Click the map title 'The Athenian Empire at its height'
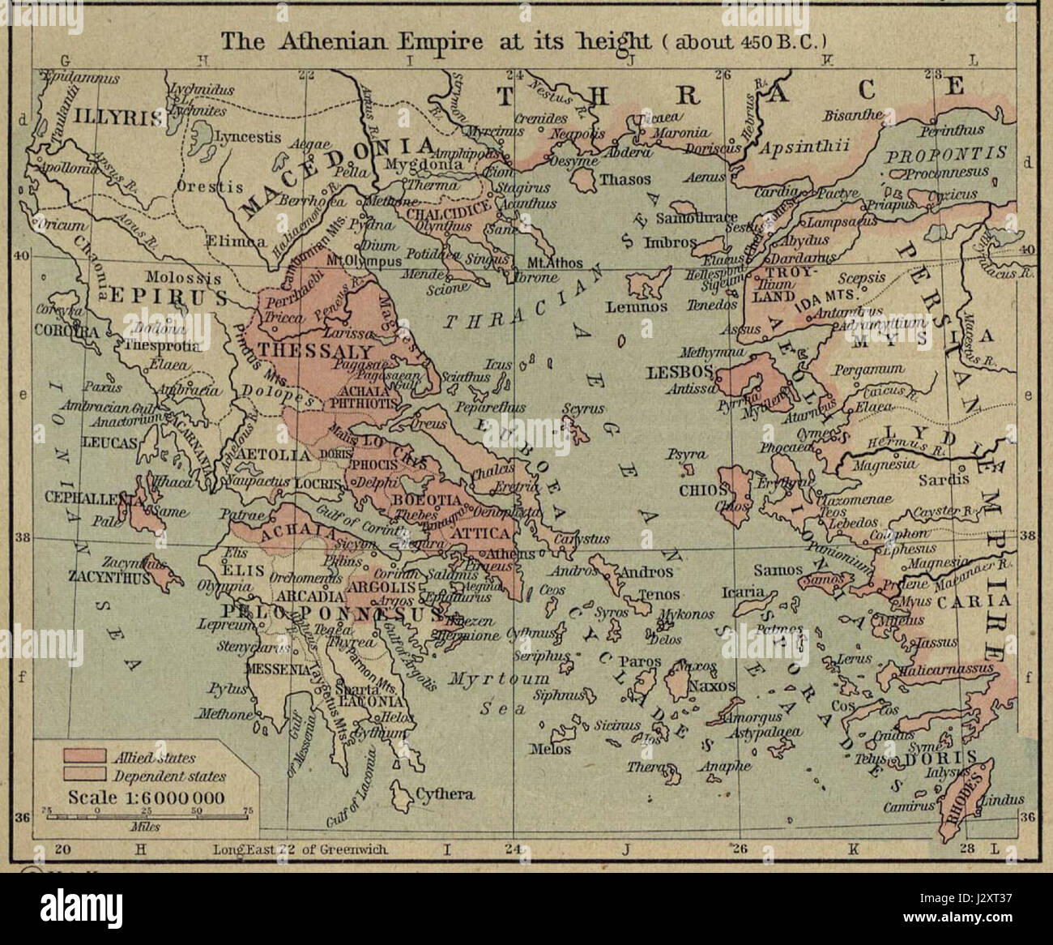pyautogui.click(x=437, y=41)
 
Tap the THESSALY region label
pyautogui.click(x=315, y=353)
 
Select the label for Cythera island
pyautogui.click(x=444, y=793)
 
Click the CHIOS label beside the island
pyautogui.click(x=697, y=490)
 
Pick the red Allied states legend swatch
pyautogui.click(x=83, y=757)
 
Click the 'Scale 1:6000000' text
pyautogui.click(x=146, y=797)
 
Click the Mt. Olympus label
pyautogui.click(x=363, y=261)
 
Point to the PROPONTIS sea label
pyautogui.click(x=945, y=154)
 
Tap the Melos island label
pyautogui.click(x=550, y=750)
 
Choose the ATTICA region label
pyautogui.click(x=482, y=534)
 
